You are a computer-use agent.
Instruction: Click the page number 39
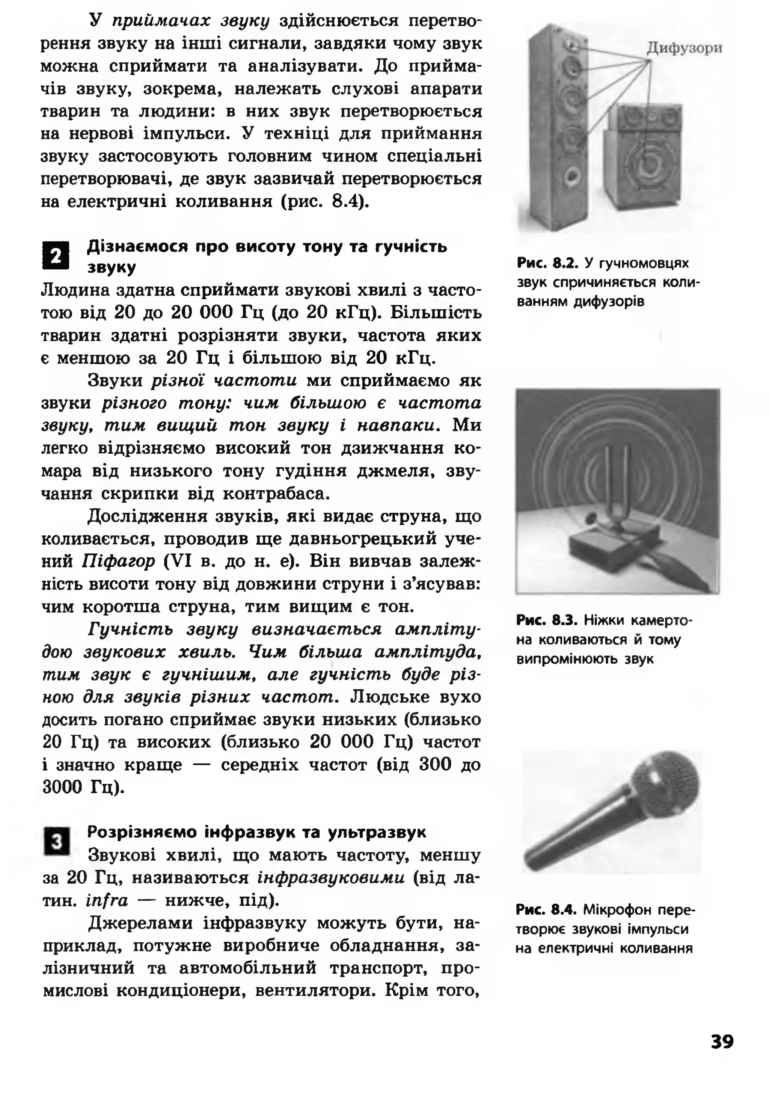click(721, 1042)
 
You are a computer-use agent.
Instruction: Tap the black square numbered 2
click(56, 256)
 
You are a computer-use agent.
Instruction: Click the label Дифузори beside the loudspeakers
click(684, 48)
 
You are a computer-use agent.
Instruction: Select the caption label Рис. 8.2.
click(547, 263)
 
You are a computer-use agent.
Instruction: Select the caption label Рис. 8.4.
click(546, 910)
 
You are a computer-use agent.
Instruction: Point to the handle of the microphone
click(578, 834)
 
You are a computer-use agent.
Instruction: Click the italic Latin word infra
click(107, 900)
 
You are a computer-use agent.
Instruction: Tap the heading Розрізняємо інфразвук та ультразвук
click(256, 832)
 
